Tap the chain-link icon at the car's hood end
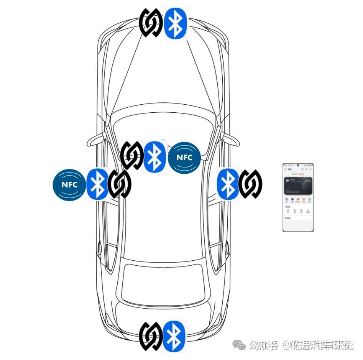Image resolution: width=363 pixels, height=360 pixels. pos(151,23)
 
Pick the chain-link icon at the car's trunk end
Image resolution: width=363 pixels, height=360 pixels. pos(151,336)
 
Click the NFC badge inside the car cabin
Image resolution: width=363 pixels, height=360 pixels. pos(184,158)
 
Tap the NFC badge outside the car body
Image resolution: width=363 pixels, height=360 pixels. pos(69,184)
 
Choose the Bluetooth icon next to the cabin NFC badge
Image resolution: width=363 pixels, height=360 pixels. pos(154,156)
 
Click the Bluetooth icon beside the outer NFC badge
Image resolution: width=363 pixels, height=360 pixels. pos(97,184)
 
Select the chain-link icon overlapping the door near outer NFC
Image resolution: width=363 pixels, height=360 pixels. pos(119,184)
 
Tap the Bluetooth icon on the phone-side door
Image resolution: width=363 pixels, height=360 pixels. pos(228,184)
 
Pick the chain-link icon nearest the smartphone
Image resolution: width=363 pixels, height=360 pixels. pos(250,184)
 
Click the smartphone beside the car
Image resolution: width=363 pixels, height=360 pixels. pos(298,197)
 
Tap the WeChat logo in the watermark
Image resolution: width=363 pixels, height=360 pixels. pos(241,346)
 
